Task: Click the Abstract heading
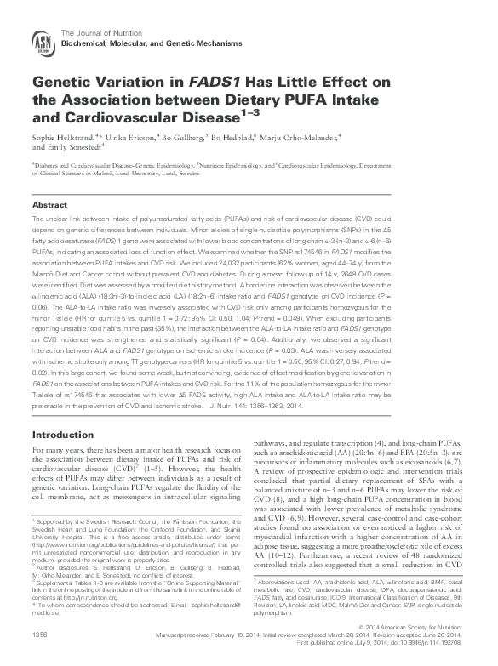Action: (x=49, y=206)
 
